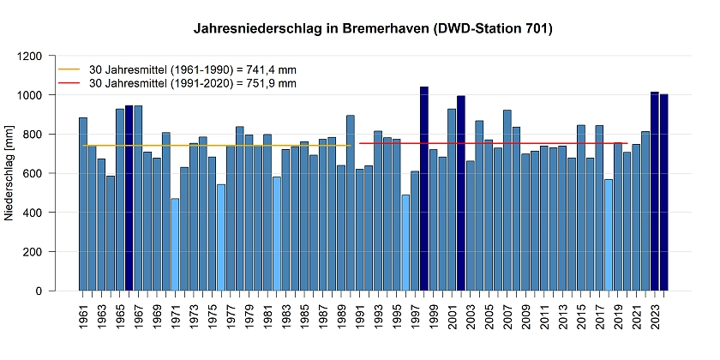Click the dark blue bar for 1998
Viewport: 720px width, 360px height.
click(x=423, y=189)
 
